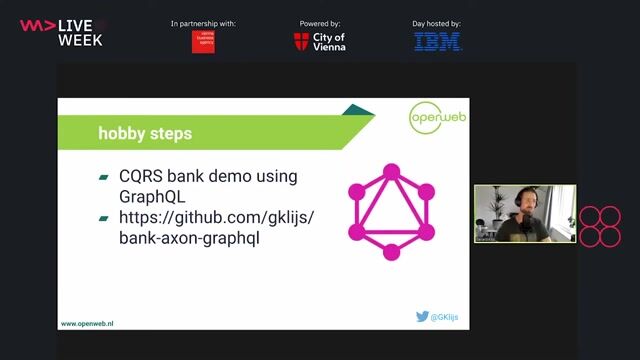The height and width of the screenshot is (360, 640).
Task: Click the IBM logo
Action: coord(438,42)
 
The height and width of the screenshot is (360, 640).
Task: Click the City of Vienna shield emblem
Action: coord(301,42)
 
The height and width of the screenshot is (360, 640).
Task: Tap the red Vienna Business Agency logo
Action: coord(203,42)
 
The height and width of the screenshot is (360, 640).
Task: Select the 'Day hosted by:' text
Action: coord(438,23)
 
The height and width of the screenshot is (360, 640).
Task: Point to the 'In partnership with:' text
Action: coord(203,23)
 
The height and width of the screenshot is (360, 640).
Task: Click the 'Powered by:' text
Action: coord(319,23)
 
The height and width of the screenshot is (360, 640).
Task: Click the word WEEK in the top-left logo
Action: coord(80,39)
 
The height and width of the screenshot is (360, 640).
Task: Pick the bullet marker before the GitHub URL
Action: coord(104,218)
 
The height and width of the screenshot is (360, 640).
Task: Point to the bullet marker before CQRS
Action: coord(104,177)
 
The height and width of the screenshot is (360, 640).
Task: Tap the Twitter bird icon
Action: coord(422,316)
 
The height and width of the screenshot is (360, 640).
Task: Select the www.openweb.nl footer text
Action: coord(87,324)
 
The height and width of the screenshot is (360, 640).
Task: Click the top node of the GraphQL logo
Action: coord(391,170)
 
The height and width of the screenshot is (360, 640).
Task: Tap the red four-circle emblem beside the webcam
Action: coord(600,226)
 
